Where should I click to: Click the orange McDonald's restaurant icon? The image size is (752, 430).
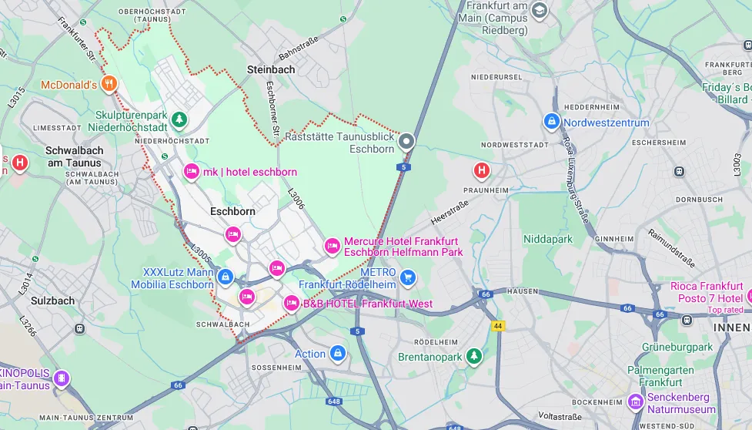pos(111,84)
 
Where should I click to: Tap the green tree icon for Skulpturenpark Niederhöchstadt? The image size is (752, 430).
pos(179,119)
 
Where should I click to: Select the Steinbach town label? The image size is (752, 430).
pos(270,69)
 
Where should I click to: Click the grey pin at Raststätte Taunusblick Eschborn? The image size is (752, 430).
pos(406,142)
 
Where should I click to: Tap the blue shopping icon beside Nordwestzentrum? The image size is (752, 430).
pos(551,122)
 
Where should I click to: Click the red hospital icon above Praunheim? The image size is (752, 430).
pos(482,170)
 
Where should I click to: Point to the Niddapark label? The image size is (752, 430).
pos(548,240)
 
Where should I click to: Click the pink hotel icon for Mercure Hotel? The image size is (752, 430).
pos(332,246)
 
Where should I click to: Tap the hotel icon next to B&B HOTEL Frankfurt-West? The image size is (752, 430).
pos(292,304)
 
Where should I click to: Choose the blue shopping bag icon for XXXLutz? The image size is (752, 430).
pos(225,277)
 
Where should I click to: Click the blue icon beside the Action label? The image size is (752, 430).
pos(337,354)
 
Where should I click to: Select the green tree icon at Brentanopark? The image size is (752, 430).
pos(476,357)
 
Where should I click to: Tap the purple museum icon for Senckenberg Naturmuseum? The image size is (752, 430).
pos(635,401)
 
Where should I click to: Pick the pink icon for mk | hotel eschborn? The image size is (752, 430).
pos(191,171)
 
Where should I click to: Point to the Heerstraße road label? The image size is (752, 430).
pos(450,210)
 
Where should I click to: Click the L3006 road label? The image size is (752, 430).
pos(296,200)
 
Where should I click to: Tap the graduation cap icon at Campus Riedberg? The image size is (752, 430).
pos(540,10)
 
